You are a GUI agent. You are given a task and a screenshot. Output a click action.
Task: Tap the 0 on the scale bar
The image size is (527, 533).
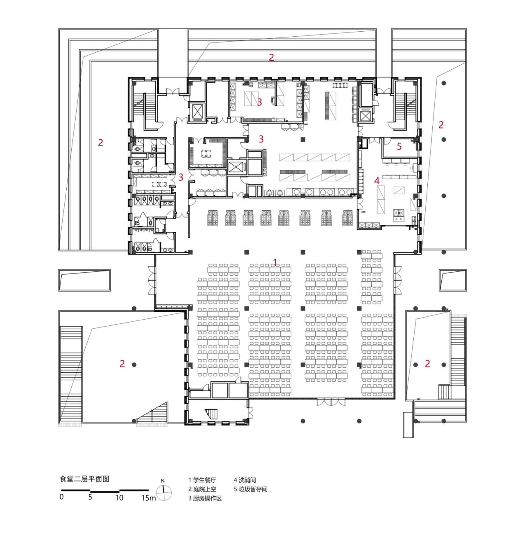61,497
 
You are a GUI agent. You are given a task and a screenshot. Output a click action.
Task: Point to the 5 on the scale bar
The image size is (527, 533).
90,497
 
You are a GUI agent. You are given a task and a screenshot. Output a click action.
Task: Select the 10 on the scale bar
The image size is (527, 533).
119,498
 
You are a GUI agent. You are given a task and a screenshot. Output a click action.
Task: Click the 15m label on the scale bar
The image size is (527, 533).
148,498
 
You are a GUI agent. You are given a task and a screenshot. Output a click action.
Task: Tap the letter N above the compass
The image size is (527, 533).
163,481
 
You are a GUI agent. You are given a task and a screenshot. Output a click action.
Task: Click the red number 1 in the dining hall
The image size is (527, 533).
276,262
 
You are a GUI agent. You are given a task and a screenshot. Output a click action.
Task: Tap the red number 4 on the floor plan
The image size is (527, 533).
376,180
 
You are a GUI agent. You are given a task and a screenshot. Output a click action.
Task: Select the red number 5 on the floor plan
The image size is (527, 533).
399,146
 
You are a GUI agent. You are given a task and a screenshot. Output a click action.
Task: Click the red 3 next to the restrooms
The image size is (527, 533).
181,177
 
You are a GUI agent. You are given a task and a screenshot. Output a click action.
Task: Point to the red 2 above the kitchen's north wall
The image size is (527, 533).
271,58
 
